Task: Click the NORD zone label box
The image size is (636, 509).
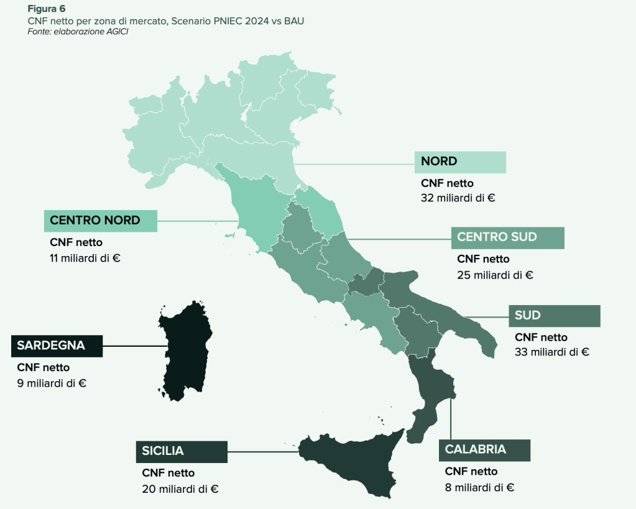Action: click(460, 162)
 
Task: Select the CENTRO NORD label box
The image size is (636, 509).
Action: click(100, 221)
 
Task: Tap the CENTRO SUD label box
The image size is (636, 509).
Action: click(507, 237)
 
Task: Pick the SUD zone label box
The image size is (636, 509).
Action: click(554, 316)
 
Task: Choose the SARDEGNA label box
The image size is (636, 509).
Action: click(57, 346)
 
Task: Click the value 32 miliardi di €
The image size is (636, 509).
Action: click(458, 198)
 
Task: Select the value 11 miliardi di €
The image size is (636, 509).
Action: click(85, 257)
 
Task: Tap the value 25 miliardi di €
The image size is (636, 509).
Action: click(495, 274)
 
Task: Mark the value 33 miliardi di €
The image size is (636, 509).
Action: click(552, 352)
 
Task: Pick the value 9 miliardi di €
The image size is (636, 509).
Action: click(52, 382)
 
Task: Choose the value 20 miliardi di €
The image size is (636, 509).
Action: click(180, 488)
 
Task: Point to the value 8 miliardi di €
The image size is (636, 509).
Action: click(479, 487)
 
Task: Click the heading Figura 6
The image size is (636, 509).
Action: click(47, 9)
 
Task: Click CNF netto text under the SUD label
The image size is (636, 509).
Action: click(541, 337)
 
